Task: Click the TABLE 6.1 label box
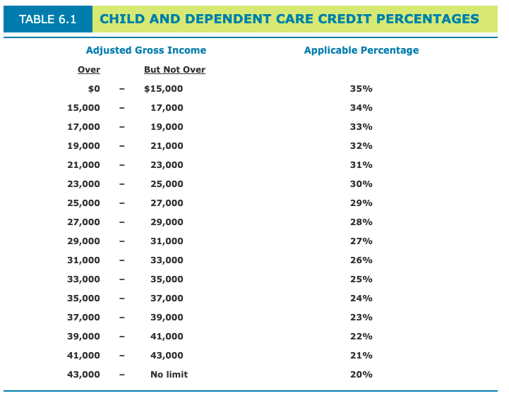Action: (47, 19)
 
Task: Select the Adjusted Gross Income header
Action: (145, 50)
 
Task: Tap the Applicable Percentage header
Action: (361, 50)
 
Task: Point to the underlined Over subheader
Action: (89, 70)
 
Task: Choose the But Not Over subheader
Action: (174, 70)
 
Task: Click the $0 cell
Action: (93, 89)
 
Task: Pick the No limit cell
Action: (169, 375)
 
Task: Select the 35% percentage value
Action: (361, 89)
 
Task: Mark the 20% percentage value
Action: (361, 375)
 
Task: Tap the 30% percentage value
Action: (361, 184)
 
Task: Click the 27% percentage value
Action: (361, 241)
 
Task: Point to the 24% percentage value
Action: (361, 298)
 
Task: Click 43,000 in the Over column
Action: (83, 375)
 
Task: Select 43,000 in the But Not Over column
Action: (167, 356)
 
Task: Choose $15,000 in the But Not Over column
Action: (163, 89)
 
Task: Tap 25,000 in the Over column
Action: (83, 203)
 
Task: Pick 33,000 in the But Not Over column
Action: (167, 260)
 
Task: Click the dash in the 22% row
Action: (122, 337)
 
